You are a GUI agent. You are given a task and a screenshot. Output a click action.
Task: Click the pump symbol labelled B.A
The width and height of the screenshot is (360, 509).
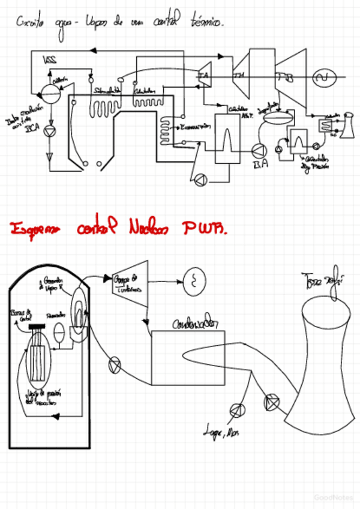tap(259, 151)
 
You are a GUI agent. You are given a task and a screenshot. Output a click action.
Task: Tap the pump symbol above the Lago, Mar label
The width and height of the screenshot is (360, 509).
tap(238, 410)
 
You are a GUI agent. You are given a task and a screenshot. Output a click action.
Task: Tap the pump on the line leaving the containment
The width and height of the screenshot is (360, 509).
tap(114, 364)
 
